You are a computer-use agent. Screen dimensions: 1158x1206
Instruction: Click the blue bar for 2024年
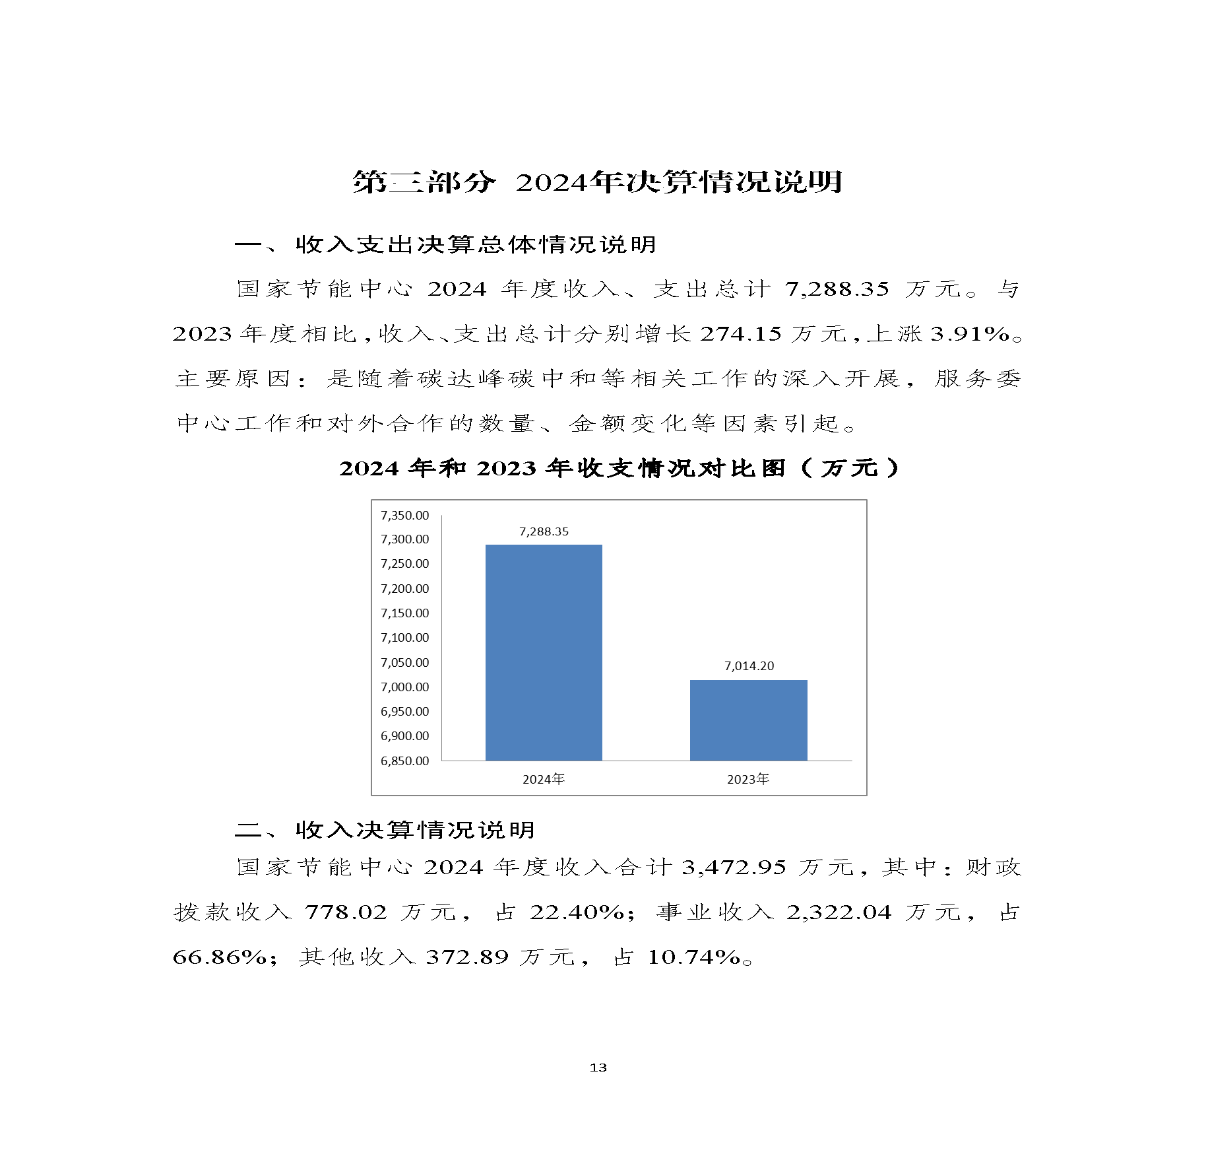pos(544,652)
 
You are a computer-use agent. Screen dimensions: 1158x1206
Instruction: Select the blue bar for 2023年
pos(748,720)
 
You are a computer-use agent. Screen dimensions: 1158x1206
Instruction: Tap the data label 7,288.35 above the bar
pos(544,531)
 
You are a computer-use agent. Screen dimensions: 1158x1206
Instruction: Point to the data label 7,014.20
pos(749,665)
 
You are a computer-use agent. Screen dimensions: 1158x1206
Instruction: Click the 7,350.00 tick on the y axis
pos(404,515)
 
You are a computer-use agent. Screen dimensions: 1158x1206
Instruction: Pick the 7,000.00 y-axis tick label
pos(404,687)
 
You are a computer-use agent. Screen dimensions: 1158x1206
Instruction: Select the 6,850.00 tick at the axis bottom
pos(404,761)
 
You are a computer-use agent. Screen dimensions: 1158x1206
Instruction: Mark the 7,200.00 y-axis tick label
pos(404,588)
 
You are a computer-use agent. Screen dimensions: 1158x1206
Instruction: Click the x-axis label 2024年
pos(544,779)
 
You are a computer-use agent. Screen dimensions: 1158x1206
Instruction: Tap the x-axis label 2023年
pos(748,779)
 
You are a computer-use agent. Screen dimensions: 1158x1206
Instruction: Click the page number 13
pos(598,1067)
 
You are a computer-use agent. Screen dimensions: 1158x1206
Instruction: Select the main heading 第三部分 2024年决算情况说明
pos(597,182)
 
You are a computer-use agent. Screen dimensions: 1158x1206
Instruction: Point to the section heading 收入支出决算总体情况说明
pos(475,244)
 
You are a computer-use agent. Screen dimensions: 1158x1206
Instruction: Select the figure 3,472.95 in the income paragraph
pos(734,867)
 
